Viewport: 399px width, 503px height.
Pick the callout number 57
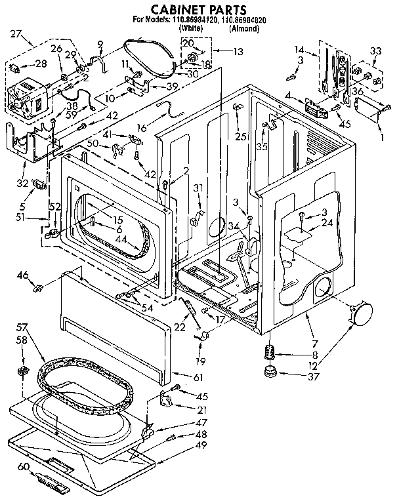tap(22, 326)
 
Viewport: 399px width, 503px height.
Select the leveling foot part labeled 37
tap(269, 374)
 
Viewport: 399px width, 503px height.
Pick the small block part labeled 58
tap(26, 372)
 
